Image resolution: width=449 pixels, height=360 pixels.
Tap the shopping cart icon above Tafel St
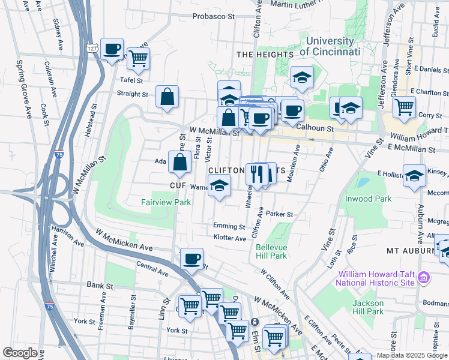tap(138, 59)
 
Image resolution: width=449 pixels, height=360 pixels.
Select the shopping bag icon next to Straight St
tap(167, 97)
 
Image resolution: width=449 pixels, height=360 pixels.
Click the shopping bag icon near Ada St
tap(180, 161)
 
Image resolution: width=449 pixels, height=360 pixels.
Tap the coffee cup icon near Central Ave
tap(191, 259)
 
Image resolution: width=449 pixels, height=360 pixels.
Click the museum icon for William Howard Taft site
tap(424, 277)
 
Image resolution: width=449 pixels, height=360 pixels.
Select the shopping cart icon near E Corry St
tap(404, 107)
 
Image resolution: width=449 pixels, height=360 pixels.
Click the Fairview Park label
tap(166, 202)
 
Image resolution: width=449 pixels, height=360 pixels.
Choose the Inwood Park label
tap(368, 199)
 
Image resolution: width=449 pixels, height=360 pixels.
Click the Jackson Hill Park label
tap(367, 307)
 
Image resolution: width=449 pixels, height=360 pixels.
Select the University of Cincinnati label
tap(330, 46)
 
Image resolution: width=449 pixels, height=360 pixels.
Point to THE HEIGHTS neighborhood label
tap(264, 55)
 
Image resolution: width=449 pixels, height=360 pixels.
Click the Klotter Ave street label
tap(230, 238)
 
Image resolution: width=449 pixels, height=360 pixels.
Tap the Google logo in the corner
tap(20, 352)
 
